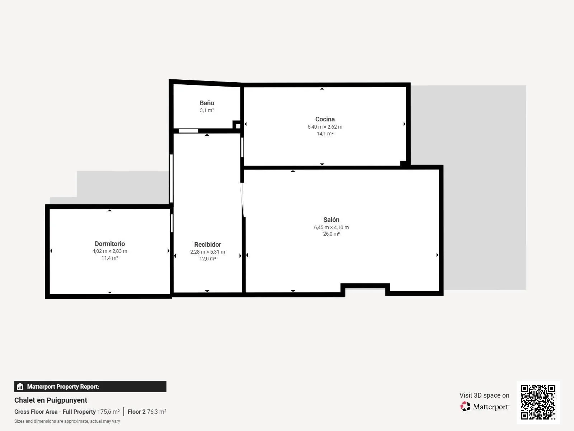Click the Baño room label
(207, 103)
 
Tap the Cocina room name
(325, 119)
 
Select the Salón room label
(331, 220)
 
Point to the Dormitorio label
(110, 244)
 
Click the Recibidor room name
(208, 245)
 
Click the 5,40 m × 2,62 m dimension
(325, 127)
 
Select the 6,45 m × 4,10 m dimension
(331, 227)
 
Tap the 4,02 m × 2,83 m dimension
(110, 251)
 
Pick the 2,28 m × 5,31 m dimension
(208, 252)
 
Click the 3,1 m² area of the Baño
(207, 110)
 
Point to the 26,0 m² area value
(331, 234)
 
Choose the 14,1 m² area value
(325, 134)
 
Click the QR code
(538, 402)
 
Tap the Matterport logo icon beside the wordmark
(465, 407)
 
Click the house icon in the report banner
(20, 386)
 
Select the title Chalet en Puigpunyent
(51, 400)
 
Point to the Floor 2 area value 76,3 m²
(157, 412)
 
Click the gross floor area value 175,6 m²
(109, 412)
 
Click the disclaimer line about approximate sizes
(67, 421)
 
